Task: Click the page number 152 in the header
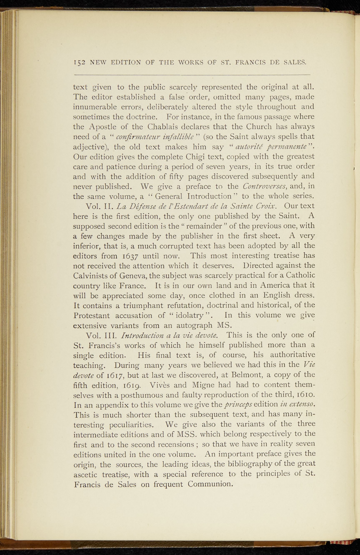point(80,63)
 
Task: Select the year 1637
point(129,256)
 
